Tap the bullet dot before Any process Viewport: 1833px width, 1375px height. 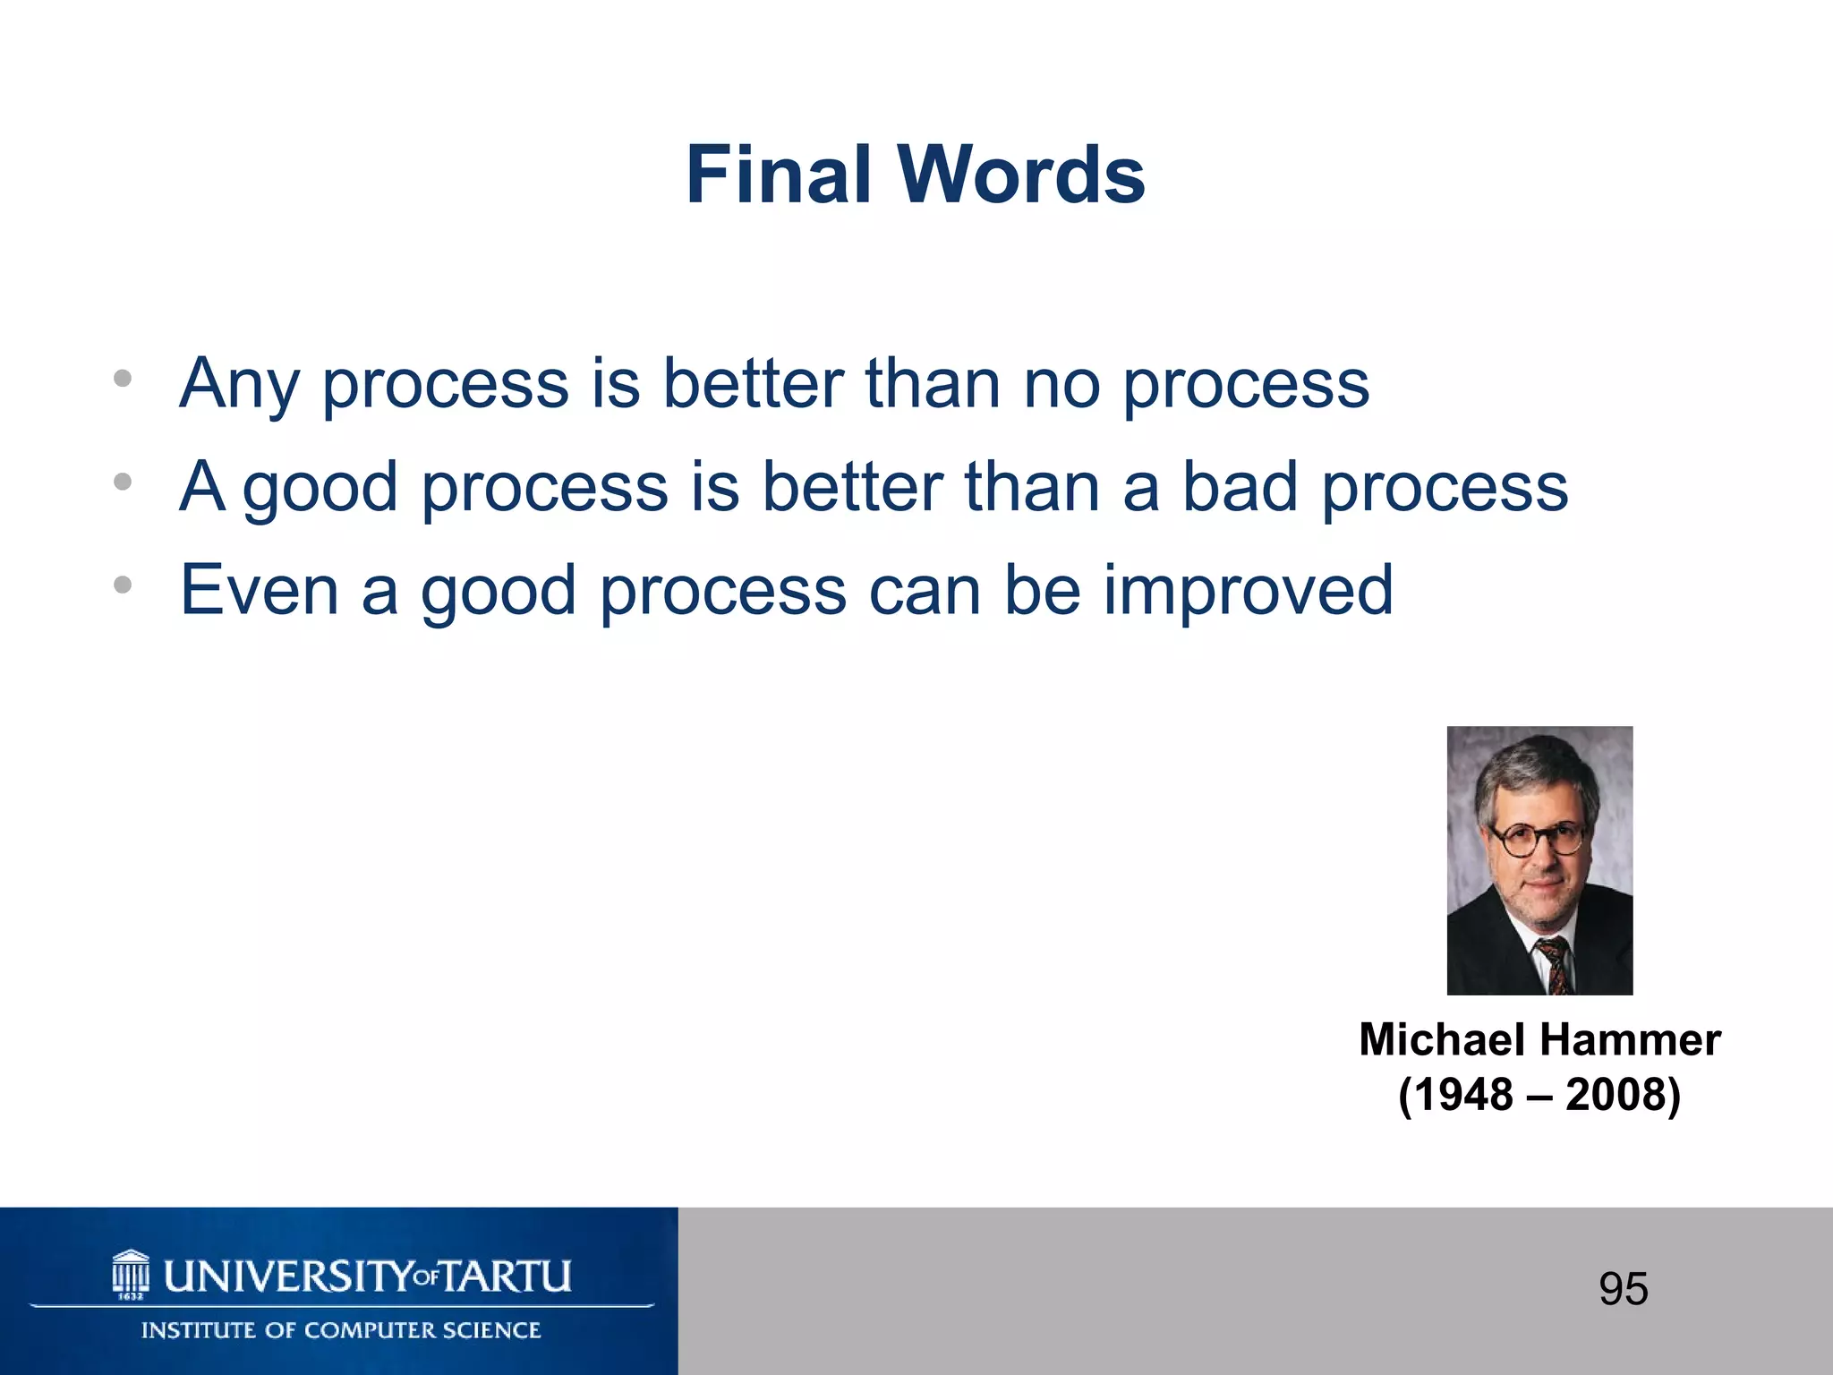pos(123,379)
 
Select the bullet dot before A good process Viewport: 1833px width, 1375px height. pos(123,483)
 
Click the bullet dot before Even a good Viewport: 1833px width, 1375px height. pos(123,585)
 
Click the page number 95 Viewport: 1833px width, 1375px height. pos(1623,1289)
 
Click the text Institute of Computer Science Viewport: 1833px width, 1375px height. pos(341,1330)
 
